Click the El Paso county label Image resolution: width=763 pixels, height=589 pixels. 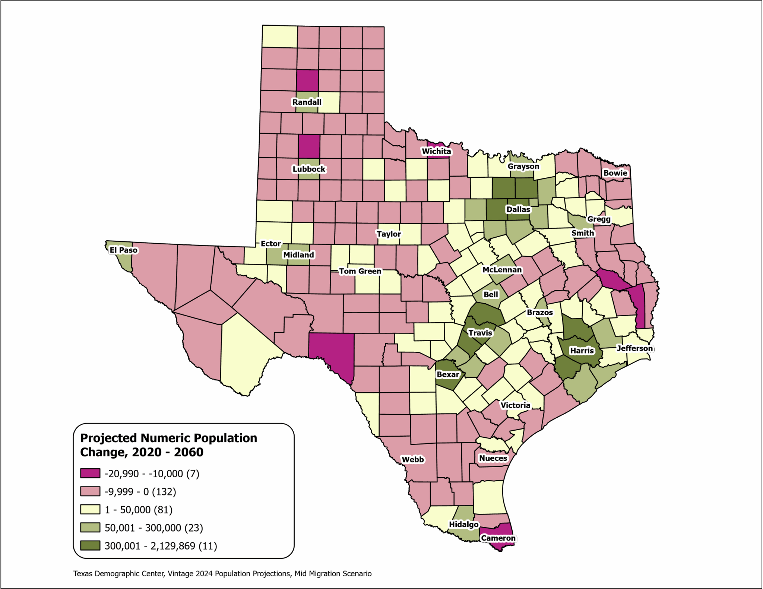pyautogui.click(x=123, y=250)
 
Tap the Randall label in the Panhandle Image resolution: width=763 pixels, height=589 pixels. pyautogui.click(x=307, y=102)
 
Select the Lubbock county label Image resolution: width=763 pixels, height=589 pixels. pyautogui.click(x=309, y=169)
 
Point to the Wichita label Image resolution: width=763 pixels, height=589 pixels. pyautogui.click(x=436, y=151)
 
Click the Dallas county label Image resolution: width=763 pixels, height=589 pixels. pyautogui.click(x=518, y=209)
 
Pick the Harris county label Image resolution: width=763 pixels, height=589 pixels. pyautogui.click(x=582, y=351)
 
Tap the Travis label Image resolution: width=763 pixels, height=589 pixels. pyautogui.click(x=480, y=333)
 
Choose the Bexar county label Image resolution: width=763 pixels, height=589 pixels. pyautogui.click(x=448, y=374)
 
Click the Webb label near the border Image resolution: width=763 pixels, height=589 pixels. pyautogui.click(x=412, y=459)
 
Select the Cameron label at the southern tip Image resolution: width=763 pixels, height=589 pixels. pyautogui.click(x=498, y=538)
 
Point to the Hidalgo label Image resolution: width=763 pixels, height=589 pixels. pyautogui.click(x=463, y=524)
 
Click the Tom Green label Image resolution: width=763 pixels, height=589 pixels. pyautogui.click(x=360, y=271)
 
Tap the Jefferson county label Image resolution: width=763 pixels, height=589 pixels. pyautogui.click(x=635, y=348)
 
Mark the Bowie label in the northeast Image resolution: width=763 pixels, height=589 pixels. pyautogui.click(x=615, y=173)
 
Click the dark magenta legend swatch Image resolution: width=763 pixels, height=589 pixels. pyautogui.click(x=90, y=474)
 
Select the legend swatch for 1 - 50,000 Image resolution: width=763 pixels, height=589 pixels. pyautogui.click(x=90, y=509)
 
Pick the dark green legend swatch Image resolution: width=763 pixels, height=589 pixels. pyautogui.click(x=90, y=545)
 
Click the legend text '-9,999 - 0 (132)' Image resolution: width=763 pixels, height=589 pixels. pyautogui.click(x=140, y=492)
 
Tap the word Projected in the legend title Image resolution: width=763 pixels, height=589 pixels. pyautogui.click(x=109, y=438)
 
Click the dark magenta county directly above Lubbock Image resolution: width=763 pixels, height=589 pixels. pyautogui.click(x=309, y=146)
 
